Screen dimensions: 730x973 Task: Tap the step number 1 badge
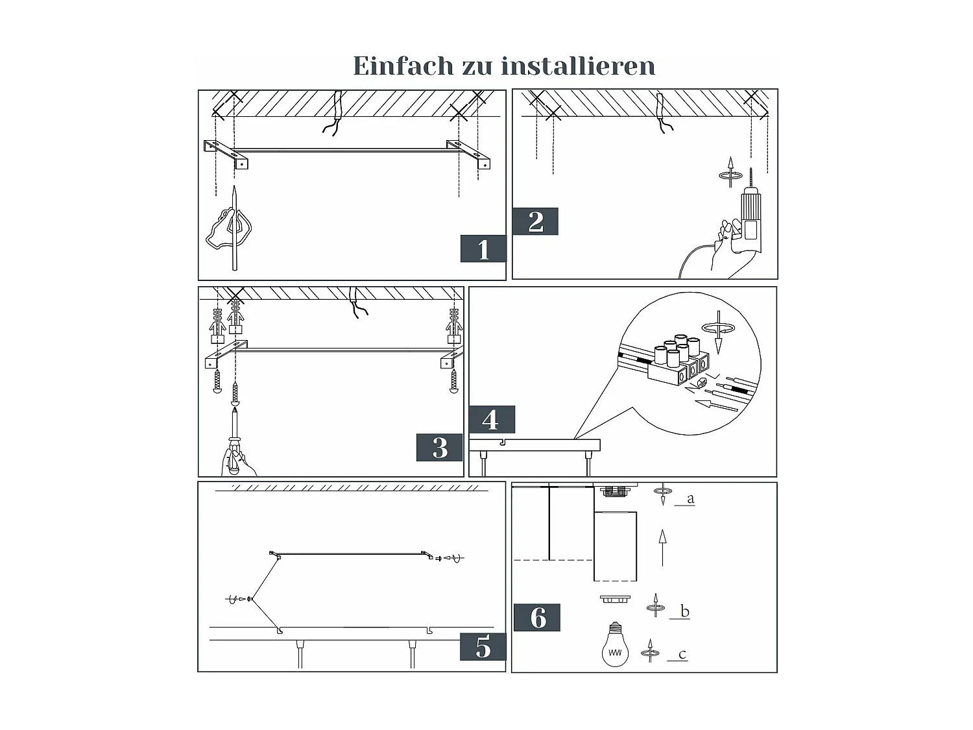pos(483,249)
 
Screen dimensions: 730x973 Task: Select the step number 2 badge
pos(535,222)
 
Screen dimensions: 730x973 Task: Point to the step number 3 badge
pos(440,448)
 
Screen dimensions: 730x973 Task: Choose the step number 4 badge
pos(492,420)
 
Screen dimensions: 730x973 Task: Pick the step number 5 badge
pos(483,647)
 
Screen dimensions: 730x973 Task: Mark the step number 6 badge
pos(537,618)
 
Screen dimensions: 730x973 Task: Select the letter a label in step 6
pos(690,499)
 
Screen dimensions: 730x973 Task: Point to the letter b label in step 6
pos(684,611)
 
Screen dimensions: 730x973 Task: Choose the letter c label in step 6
pos(682,654)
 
